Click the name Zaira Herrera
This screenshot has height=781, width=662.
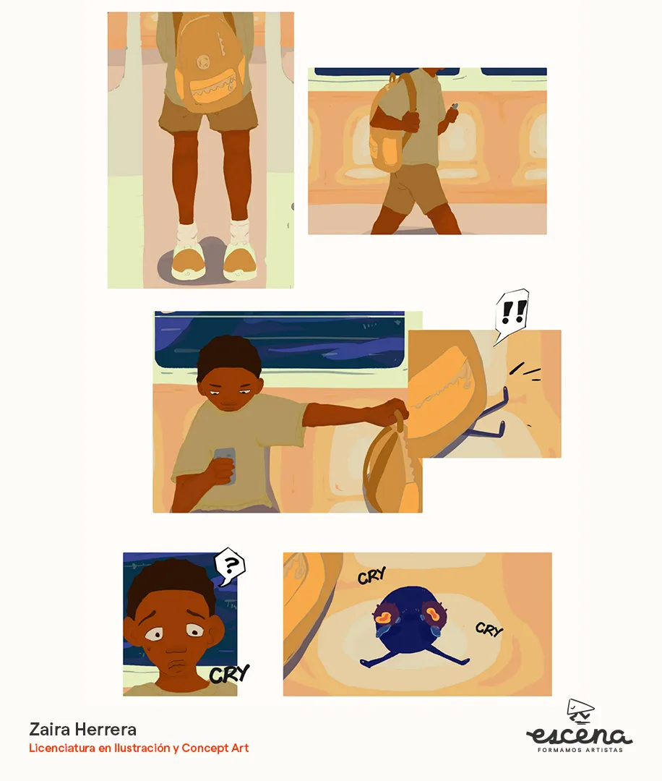click(x=82, y=729)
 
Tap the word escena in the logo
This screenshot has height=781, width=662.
click(x=580, y=734)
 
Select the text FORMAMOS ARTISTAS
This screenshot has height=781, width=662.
click(x=580, y=750)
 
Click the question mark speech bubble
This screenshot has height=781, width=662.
click(x=229, y=566)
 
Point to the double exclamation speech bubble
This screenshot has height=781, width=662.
click(x=512, y=314)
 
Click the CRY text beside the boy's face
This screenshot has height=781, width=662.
click(x=229, y=674)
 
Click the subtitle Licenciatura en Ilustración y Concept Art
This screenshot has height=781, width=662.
click(x=139, y=748)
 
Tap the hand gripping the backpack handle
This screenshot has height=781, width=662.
click(x=395, y=411)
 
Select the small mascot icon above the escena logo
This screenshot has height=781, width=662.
click(x=580, y=711)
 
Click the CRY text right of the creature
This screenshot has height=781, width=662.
click(x=489, y=629)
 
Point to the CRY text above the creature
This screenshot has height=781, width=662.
click(x=371, y=576)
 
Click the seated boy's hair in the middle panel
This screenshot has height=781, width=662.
click(x=229, y=356)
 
